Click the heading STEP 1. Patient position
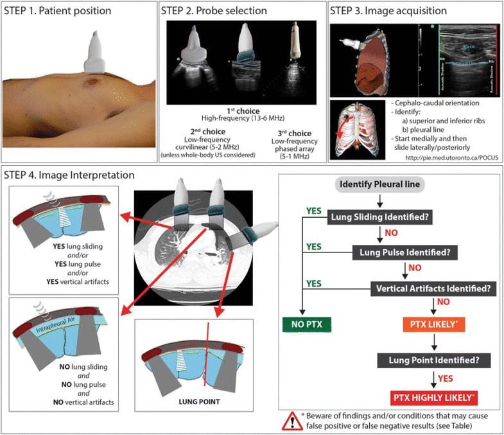coord(57,11)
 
